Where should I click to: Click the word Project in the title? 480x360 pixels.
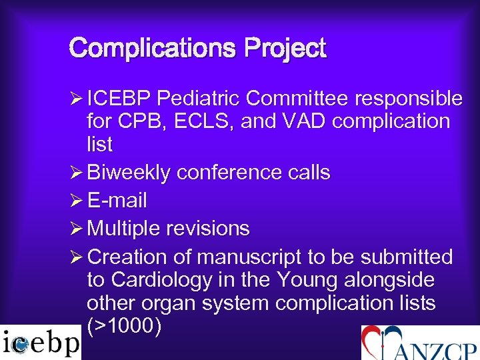[285, 49]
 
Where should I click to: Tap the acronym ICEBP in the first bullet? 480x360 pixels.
[121, 99]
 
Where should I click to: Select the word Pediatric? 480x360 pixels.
[199, 99]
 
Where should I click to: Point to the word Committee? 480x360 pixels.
[298, 99]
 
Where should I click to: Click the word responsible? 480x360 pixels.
[409, 99]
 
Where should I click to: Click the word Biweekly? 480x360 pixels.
[129, 173]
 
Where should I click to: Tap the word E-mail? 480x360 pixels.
[117, 201]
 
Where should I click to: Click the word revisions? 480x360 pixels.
[209, 229]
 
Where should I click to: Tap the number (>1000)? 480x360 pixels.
[123, 327]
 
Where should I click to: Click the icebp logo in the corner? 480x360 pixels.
[40, 343]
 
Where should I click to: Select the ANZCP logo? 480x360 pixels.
[420, 343]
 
